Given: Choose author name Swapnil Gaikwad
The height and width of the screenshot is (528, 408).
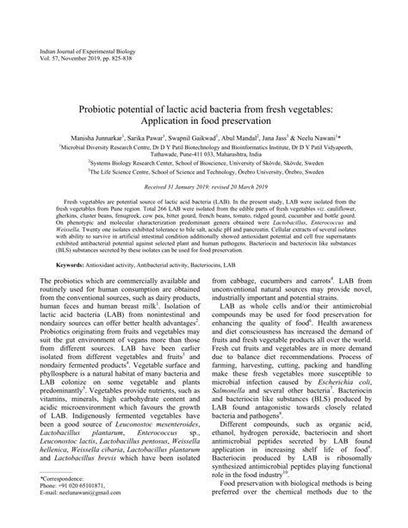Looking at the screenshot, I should [x=202, y=139].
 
